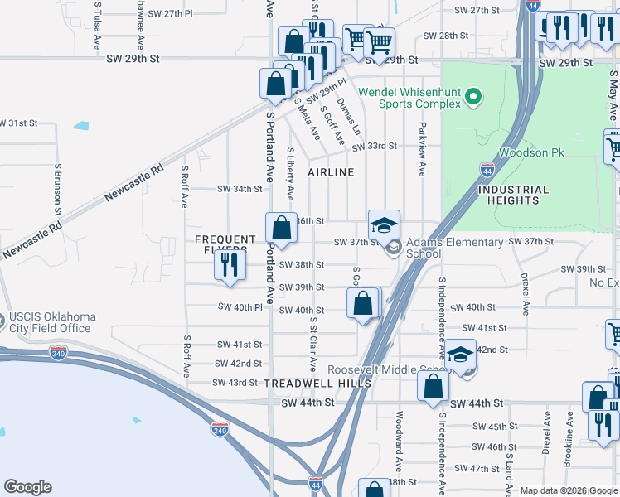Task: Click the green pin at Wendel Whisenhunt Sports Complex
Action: click(473, 98)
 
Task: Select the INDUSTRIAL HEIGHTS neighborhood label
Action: click(513, 195)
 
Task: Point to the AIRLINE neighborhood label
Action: click(331, 172)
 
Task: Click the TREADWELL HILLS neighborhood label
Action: click(317, 384)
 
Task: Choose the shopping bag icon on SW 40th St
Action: click(363, 303)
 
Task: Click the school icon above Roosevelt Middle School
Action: click(460, 355)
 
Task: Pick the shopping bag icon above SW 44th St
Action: click(433, 387)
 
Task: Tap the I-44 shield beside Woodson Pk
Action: click(487, 170)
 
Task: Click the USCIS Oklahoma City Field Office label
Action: click(52, 323)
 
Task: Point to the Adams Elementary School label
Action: click(454, 248)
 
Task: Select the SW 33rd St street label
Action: click(374, 146)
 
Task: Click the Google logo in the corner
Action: click(28, 487)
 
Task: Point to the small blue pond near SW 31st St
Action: click(80, 126)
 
